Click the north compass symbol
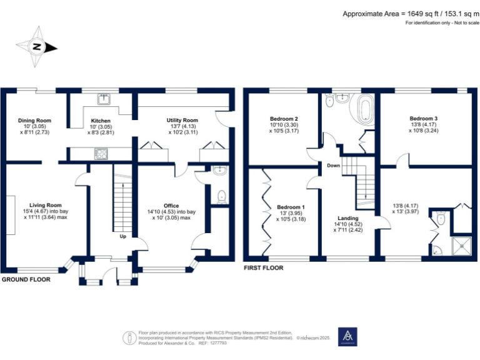pyautogui.click(x=37, y=47)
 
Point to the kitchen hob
pyautogui.click(x=100, y=153)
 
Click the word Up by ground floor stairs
pyautogui.click(x=123, y=236)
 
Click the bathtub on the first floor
pyautogui.click(x=364, y=108)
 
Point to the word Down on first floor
pyautogui.click(x=332, y=166)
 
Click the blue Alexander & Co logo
pyautogui.click(x=347, y=336)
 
